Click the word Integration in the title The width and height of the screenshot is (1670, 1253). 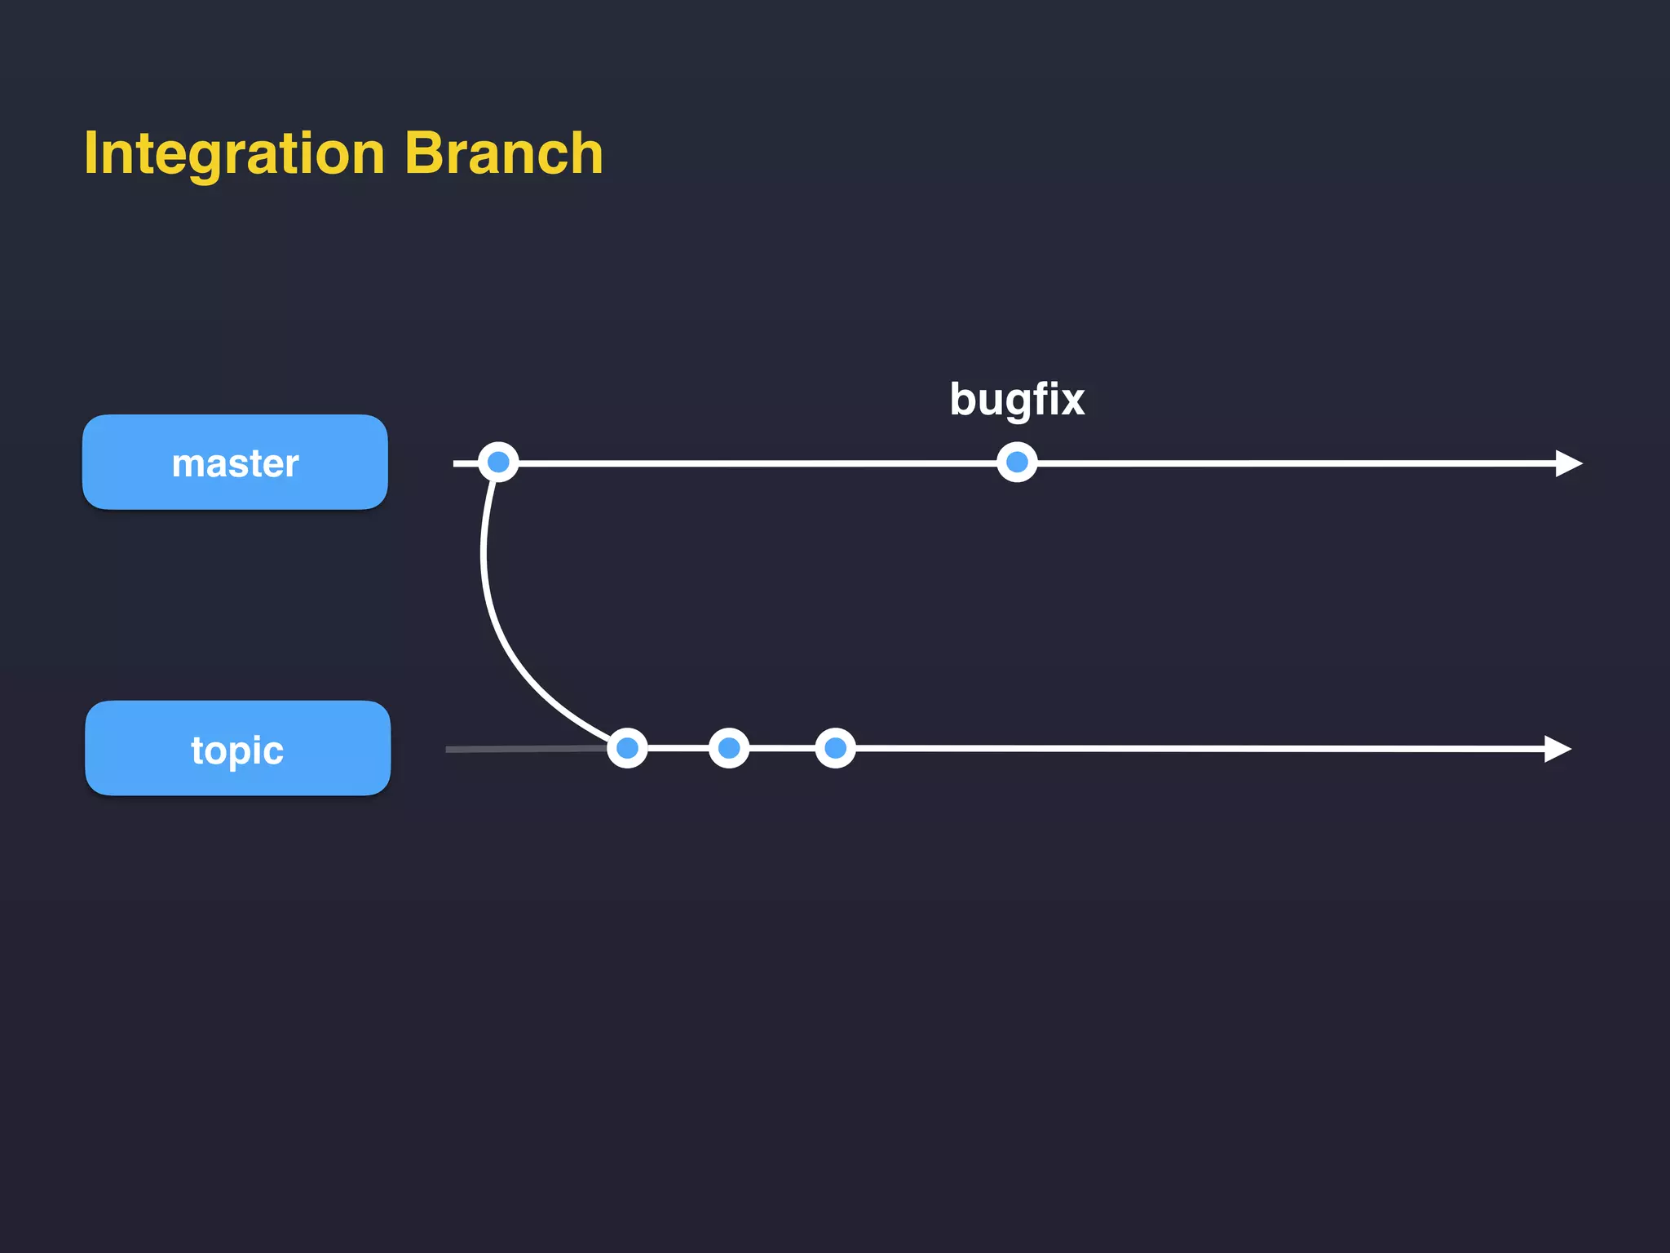[234, 153]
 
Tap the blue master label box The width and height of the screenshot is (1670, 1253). [235, 463]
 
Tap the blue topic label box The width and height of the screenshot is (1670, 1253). [237, 748]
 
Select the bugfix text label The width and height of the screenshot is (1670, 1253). [1017, 400]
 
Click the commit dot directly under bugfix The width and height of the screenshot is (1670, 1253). [1017, 463]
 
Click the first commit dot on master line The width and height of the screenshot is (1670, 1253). [498, 463]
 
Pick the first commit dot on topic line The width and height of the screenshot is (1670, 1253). [627, 748]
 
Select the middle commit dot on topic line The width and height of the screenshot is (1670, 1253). [729, 748]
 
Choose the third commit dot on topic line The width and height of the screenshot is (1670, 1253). [835, 748]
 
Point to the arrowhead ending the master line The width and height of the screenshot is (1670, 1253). [1567, 463]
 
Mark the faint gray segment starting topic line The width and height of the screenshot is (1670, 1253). [522, 749]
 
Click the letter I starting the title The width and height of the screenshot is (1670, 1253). [91, 153]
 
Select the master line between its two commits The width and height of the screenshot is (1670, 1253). [758, 463]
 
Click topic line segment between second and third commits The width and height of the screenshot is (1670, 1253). [782, 748]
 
